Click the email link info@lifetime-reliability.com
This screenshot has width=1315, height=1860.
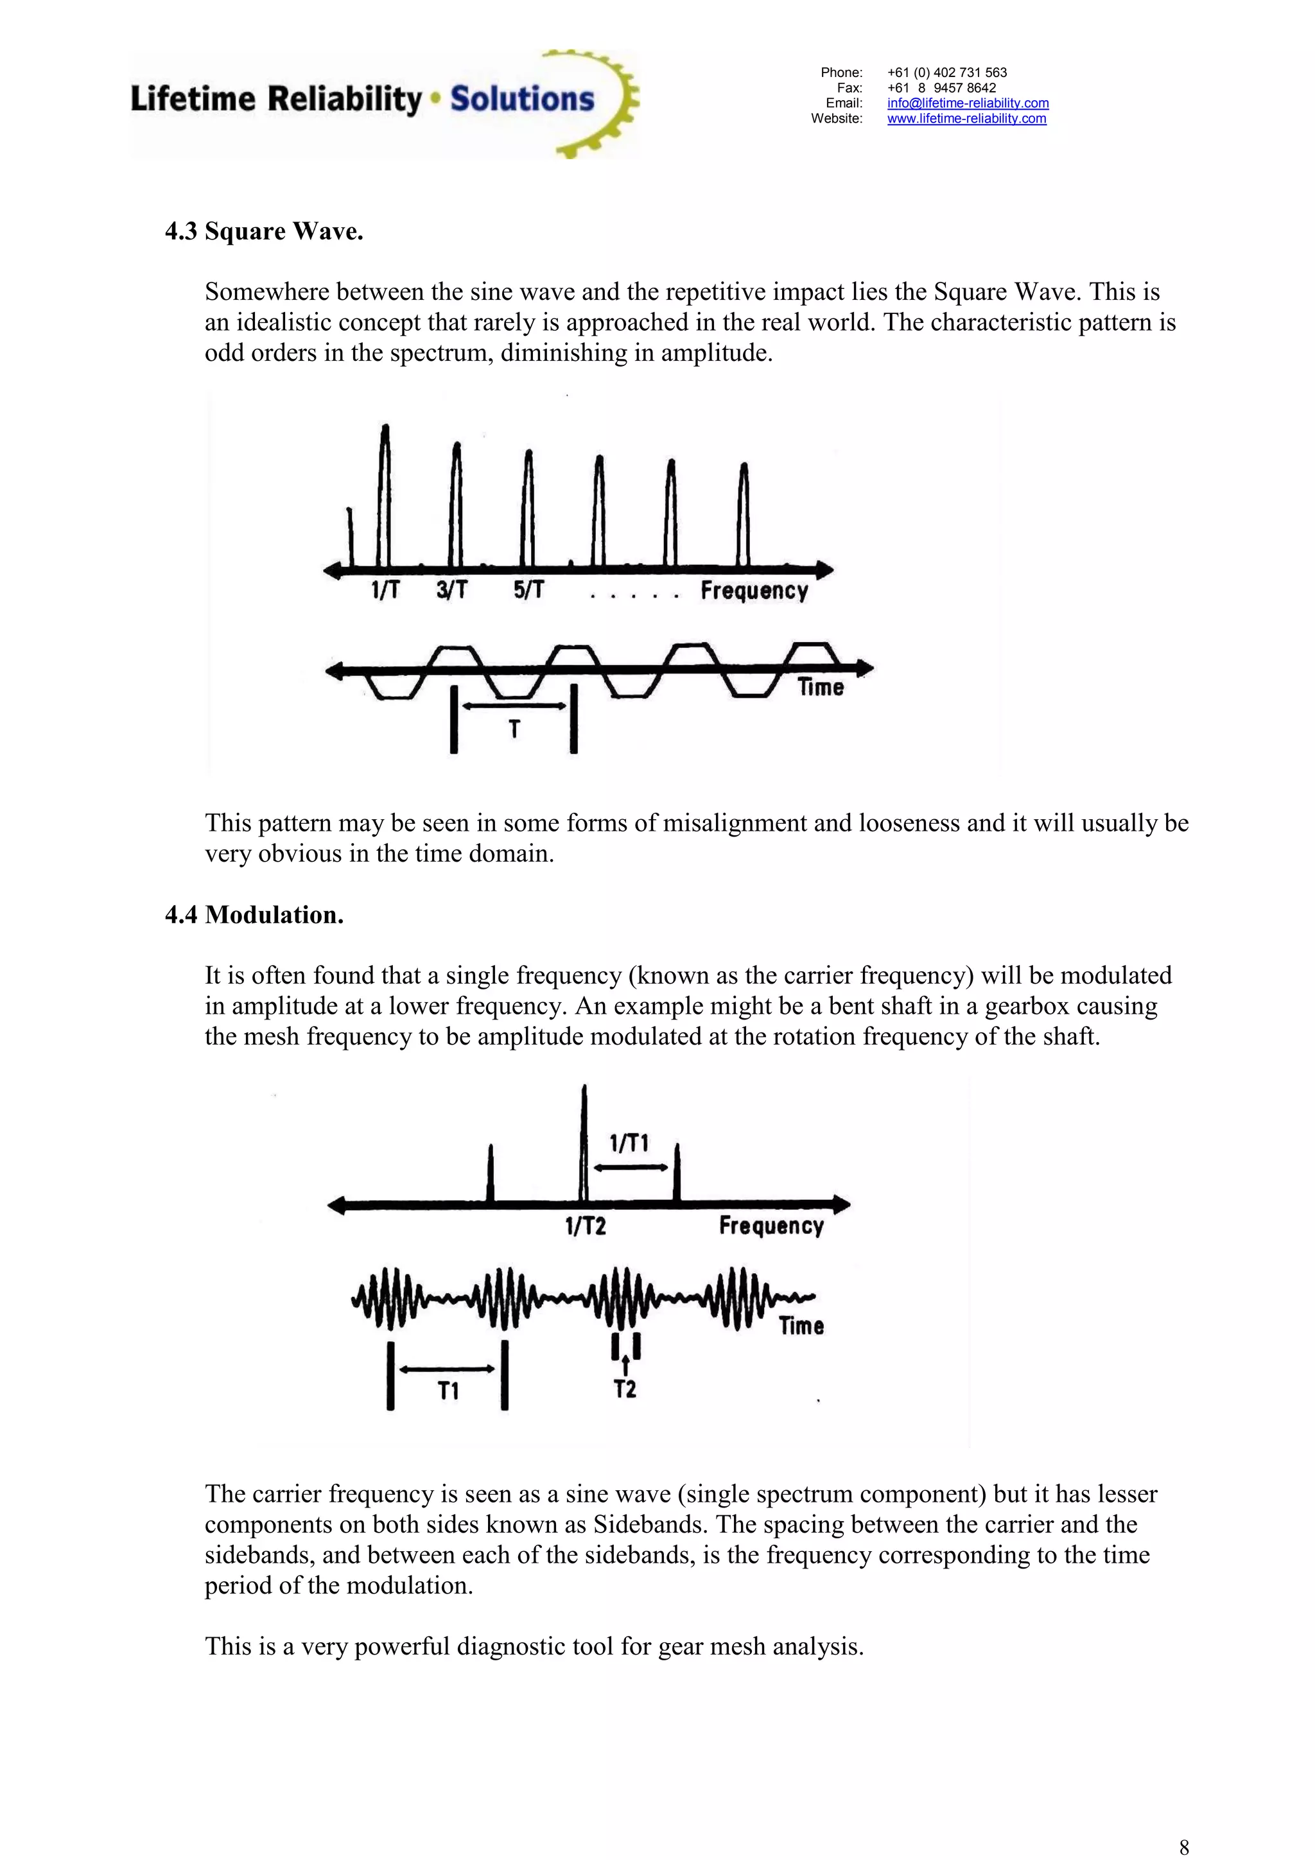968,103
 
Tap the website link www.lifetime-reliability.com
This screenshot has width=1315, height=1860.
966,118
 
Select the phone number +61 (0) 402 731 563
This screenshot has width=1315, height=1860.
946,72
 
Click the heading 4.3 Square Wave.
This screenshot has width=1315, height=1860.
264,232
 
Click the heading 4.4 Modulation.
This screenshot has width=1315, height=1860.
254,915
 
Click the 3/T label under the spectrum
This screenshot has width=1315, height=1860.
452,590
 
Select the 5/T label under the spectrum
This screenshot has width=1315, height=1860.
528,590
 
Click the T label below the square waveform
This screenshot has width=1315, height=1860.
514,729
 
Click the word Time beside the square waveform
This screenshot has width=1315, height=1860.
820,688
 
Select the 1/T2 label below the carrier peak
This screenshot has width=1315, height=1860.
585,1226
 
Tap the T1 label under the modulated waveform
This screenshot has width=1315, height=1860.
448,1391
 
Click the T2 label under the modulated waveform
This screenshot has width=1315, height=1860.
625,1389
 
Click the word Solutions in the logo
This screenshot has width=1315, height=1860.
522,99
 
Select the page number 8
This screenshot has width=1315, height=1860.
1184,1847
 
